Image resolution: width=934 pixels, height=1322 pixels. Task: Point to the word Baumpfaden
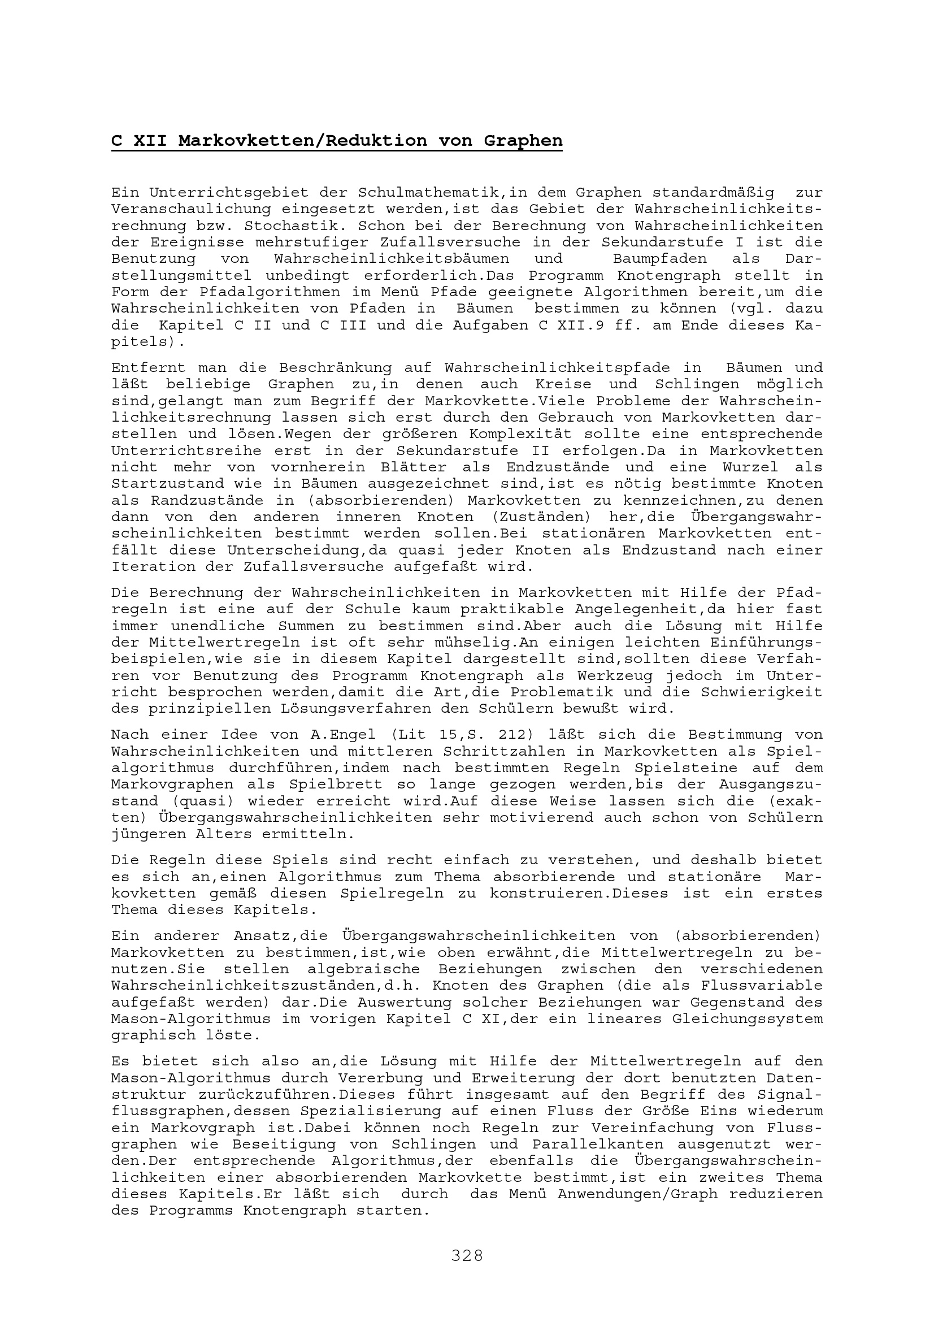(x=659, y=259)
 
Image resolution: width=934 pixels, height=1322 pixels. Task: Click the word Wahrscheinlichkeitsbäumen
(x=392, y=259)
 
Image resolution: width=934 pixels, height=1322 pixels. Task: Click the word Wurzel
(x=749, y=467)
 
